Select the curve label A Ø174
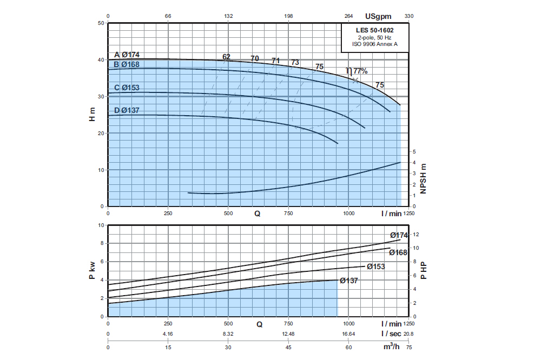click(x=127, y=55)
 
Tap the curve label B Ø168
click(x=127, y=65)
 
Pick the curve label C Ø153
click(x=127, y=88)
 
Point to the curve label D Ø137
click(x=127, y=111)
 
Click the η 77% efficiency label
click(x=357, y=71)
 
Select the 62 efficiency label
click(x=226, y=57)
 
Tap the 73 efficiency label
click(x=295, y=63)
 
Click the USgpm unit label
click(x=378, y=16)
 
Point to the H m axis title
click(x=93, y=115)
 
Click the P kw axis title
click(x=93, y=270)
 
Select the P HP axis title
click(x=424, y=270)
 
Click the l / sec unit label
click(x=391, y=334)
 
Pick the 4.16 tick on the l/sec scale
click(x=168, y=334)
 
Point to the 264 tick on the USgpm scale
click(x=348, y=16)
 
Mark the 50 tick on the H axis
click(x=101, y=23)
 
